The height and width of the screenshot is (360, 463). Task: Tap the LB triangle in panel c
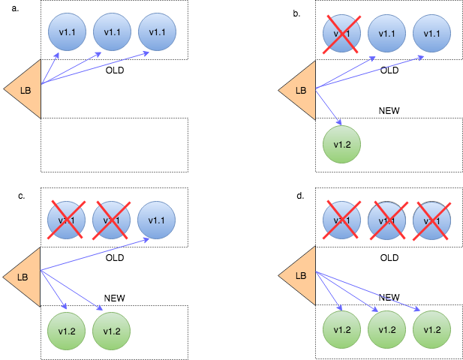click(24, 277)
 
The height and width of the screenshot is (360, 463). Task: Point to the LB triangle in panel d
click(299, 275)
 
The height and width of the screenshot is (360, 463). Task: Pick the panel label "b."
click(297, 13)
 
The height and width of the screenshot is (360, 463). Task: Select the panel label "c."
click(22, 196)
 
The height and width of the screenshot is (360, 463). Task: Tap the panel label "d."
click(300, 196)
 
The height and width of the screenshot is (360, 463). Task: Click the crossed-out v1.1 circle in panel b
click(341, 33)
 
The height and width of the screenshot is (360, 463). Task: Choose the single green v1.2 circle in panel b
click(341, 145)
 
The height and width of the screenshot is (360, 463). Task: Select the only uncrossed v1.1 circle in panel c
click(157, 220)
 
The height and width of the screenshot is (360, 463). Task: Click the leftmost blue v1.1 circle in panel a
click(67, 32)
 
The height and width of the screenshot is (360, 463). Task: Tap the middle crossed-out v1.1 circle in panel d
click(386, 220)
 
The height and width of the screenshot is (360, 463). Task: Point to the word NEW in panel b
click(389, 110)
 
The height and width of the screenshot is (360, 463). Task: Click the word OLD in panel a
click(114, 70)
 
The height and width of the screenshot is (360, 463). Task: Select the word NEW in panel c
click(114, 298)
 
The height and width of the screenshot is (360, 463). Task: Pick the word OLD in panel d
click(389, 257)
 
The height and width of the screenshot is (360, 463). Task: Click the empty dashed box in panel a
click(113, 145)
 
